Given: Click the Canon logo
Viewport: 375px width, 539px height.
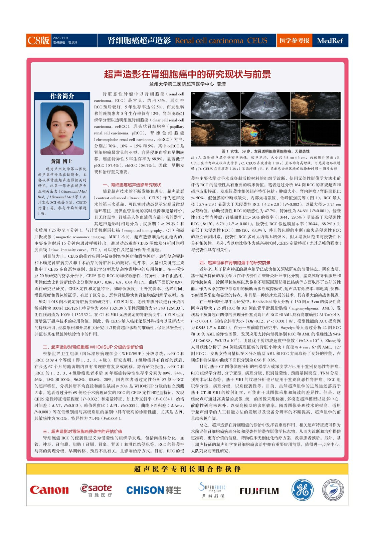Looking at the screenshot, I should [x=49, y=490].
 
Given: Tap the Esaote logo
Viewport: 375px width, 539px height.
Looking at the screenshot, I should [x=96, y=490].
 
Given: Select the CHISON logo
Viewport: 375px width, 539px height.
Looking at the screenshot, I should [x=153, y=490].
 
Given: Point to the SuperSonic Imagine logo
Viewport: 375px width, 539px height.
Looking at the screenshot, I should [x=212, y=490].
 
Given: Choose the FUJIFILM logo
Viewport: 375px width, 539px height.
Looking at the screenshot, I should [x=259, y=491].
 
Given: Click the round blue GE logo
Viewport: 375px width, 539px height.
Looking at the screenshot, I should [x=302, y=490].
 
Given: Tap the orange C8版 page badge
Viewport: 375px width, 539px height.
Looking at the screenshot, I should [x=38, y=40].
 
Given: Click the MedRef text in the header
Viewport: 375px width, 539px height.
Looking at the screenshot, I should [x=330, y=41].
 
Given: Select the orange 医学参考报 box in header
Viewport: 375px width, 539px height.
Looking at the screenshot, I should [x=294, y=40].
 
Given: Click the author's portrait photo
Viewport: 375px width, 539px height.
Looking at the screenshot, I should [x=62, y=128].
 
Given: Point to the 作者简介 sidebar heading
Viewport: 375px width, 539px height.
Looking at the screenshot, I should [x=62, y=96].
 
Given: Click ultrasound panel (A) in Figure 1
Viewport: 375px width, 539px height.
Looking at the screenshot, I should [x=215, y=105].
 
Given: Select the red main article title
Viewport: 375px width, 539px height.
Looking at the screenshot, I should [x=187, y=74].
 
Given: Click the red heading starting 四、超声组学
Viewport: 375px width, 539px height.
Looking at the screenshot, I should [x=235, y=263].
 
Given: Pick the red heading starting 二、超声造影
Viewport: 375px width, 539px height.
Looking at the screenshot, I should [x=93, y=347].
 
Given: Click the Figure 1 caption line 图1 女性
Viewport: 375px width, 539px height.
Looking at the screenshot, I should [x=265, y=151].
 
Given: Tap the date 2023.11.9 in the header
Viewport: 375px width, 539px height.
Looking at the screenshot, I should [x=60, y=38].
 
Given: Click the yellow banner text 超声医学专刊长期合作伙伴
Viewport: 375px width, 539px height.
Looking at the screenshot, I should [x=187, y=469].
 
